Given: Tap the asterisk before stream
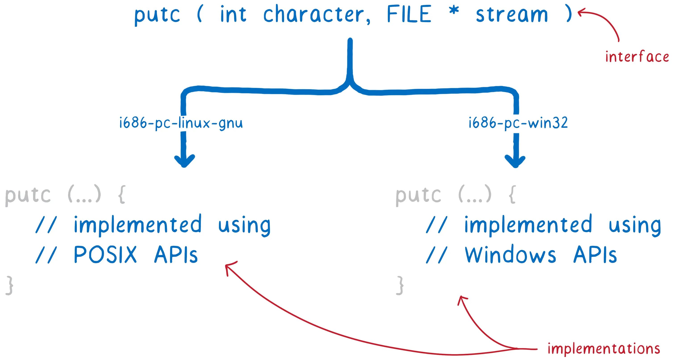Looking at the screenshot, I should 454,12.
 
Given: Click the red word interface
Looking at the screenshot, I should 637,57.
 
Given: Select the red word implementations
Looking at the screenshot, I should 604,349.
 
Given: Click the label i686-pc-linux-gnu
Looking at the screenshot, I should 181,123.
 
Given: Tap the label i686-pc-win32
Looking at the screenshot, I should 518,123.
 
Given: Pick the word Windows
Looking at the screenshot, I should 510,255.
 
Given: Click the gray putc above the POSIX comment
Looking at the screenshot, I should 28,195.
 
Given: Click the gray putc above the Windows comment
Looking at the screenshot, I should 418,195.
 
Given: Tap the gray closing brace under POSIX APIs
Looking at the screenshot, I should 9,285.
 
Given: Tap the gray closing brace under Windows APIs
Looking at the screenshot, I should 400,285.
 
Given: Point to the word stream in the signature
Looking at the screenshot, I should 511,15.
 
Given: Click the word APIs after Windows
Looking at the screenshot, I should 595,255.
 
